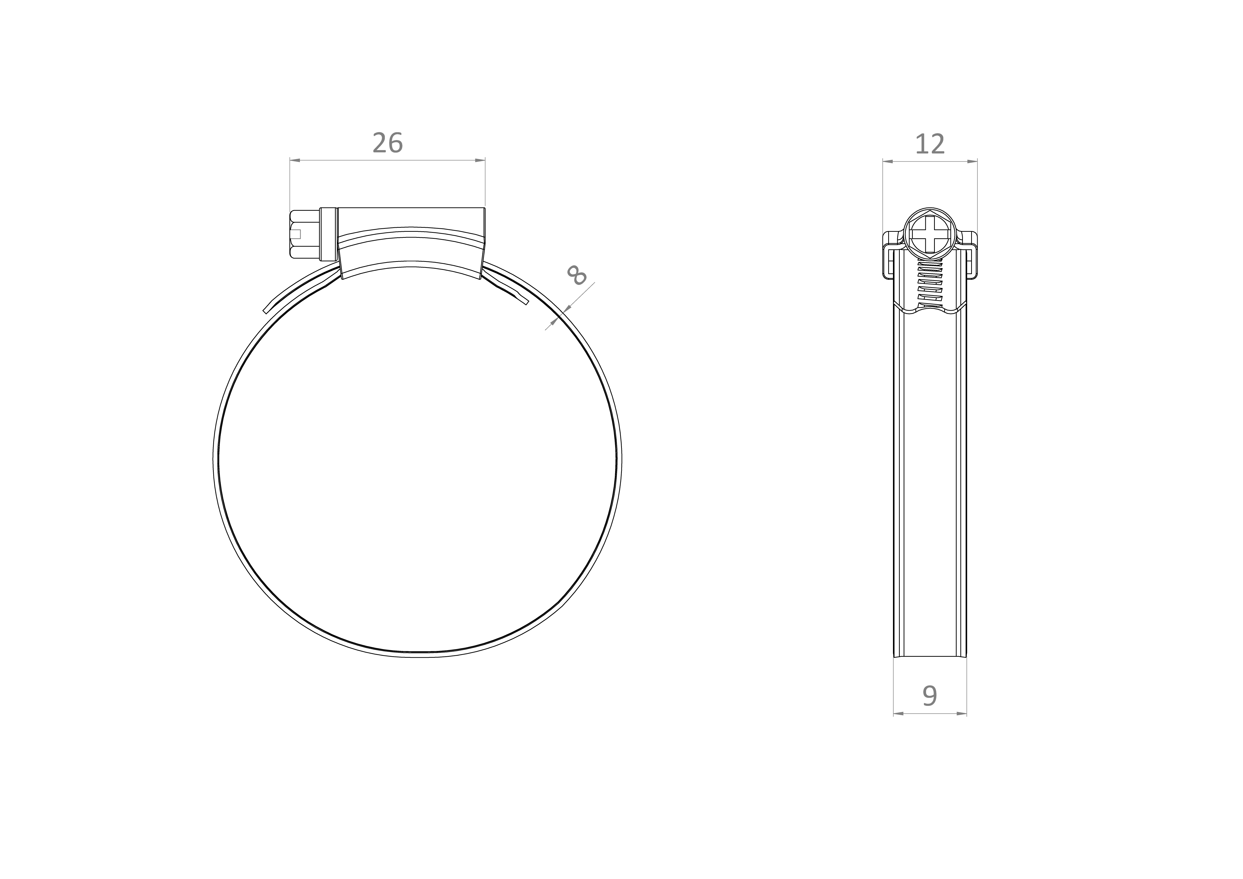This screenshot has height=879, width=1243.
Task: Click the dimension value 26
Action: tap(388, 143)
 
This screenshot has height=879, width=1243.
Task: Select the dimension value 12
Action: tap(930, 144)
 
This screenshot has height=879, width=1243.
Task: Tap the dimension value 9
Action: tap(930, 696)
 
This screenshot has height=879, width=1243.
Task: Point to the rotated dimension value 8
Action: tap(576, 275)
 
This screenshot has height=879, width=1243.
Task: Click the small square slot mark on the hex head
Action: tap(296, 234)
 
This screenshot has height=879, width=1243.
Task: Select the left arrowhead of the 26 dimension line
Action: tap(295, 160)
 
